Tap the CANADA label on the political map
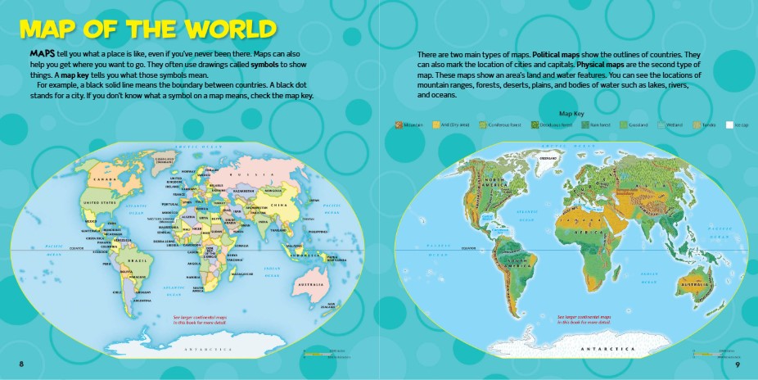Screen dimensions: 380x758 point(102,179)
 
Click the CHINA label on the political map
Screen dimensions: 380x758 point(277,206)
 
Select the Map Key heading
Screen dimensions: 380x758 point(570,113)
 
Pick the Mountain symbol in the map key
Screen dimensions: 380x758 point(399,124)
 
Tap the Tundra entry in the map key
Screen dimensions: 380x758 point(703,124)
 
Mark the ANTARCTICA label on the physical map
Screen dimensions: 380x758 point(607,349)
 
